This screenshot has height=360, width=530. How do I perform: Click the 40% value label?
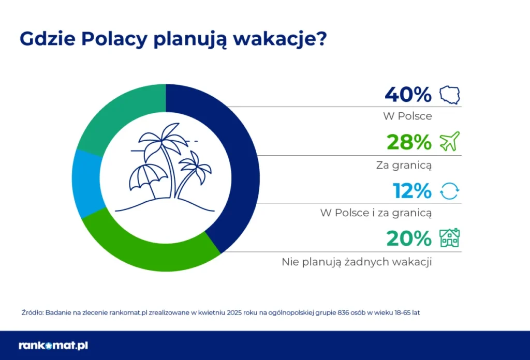408,94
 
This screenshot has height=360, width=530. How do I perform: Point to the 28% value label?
409,142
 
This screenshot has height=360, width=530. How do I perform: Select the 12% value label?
412,191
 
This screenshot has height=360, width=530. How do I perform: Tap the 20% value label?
409,238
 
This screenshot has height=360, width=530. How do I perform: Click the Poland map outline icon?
450,95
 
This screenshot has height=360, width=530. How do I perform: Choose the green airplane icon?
450,141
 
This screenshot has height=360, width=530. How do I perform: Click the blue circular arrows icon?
450,191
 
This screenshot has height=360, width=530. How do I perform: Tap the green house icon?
450,238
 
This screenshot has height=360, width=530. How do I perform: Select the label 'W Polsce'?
407,116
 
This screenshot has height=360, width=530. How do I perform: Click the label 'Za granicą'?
404,166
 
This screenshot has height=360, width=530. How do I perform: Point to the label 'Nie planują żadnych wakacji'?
357,262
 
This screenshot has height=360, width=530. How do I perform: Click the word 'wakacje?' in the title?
280,39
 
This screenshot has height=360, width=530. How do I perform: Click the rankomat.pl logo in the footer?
53,346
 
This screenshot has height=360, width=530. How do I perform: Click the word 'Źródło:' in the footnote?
33,312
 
